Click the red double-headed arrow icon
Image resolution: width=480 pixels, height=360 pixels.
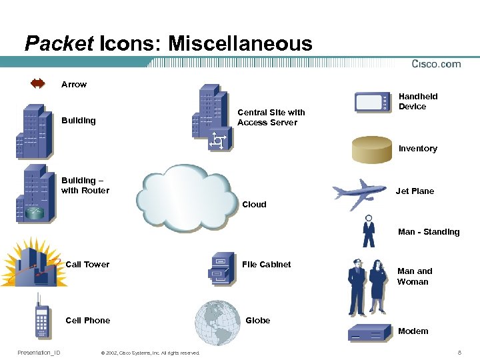click(37, 84)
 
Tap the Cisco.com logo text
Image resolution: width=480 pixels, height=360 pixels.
click(436, 64)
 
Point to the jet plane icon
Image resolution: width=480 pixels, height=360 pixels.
click(359, 191)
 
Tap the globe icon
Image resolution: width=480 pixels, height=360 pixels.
click(217, 322)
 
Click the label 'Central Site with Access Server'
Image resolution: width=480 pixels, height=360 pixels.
click(271, 117)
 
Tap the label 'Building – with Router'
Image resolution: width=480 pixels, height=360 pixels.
click(85, 185)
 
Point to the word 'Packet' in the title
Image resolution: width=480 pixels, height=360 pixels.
click(59, 44)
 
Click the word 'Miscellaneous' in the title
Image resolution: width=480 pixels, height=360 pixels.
click(240, 44)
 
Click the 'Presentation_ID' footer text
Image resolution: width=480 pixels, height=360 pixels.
click(39, 352)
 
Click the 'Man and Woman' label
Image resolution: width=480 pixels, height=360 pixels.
click(414, 276)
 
